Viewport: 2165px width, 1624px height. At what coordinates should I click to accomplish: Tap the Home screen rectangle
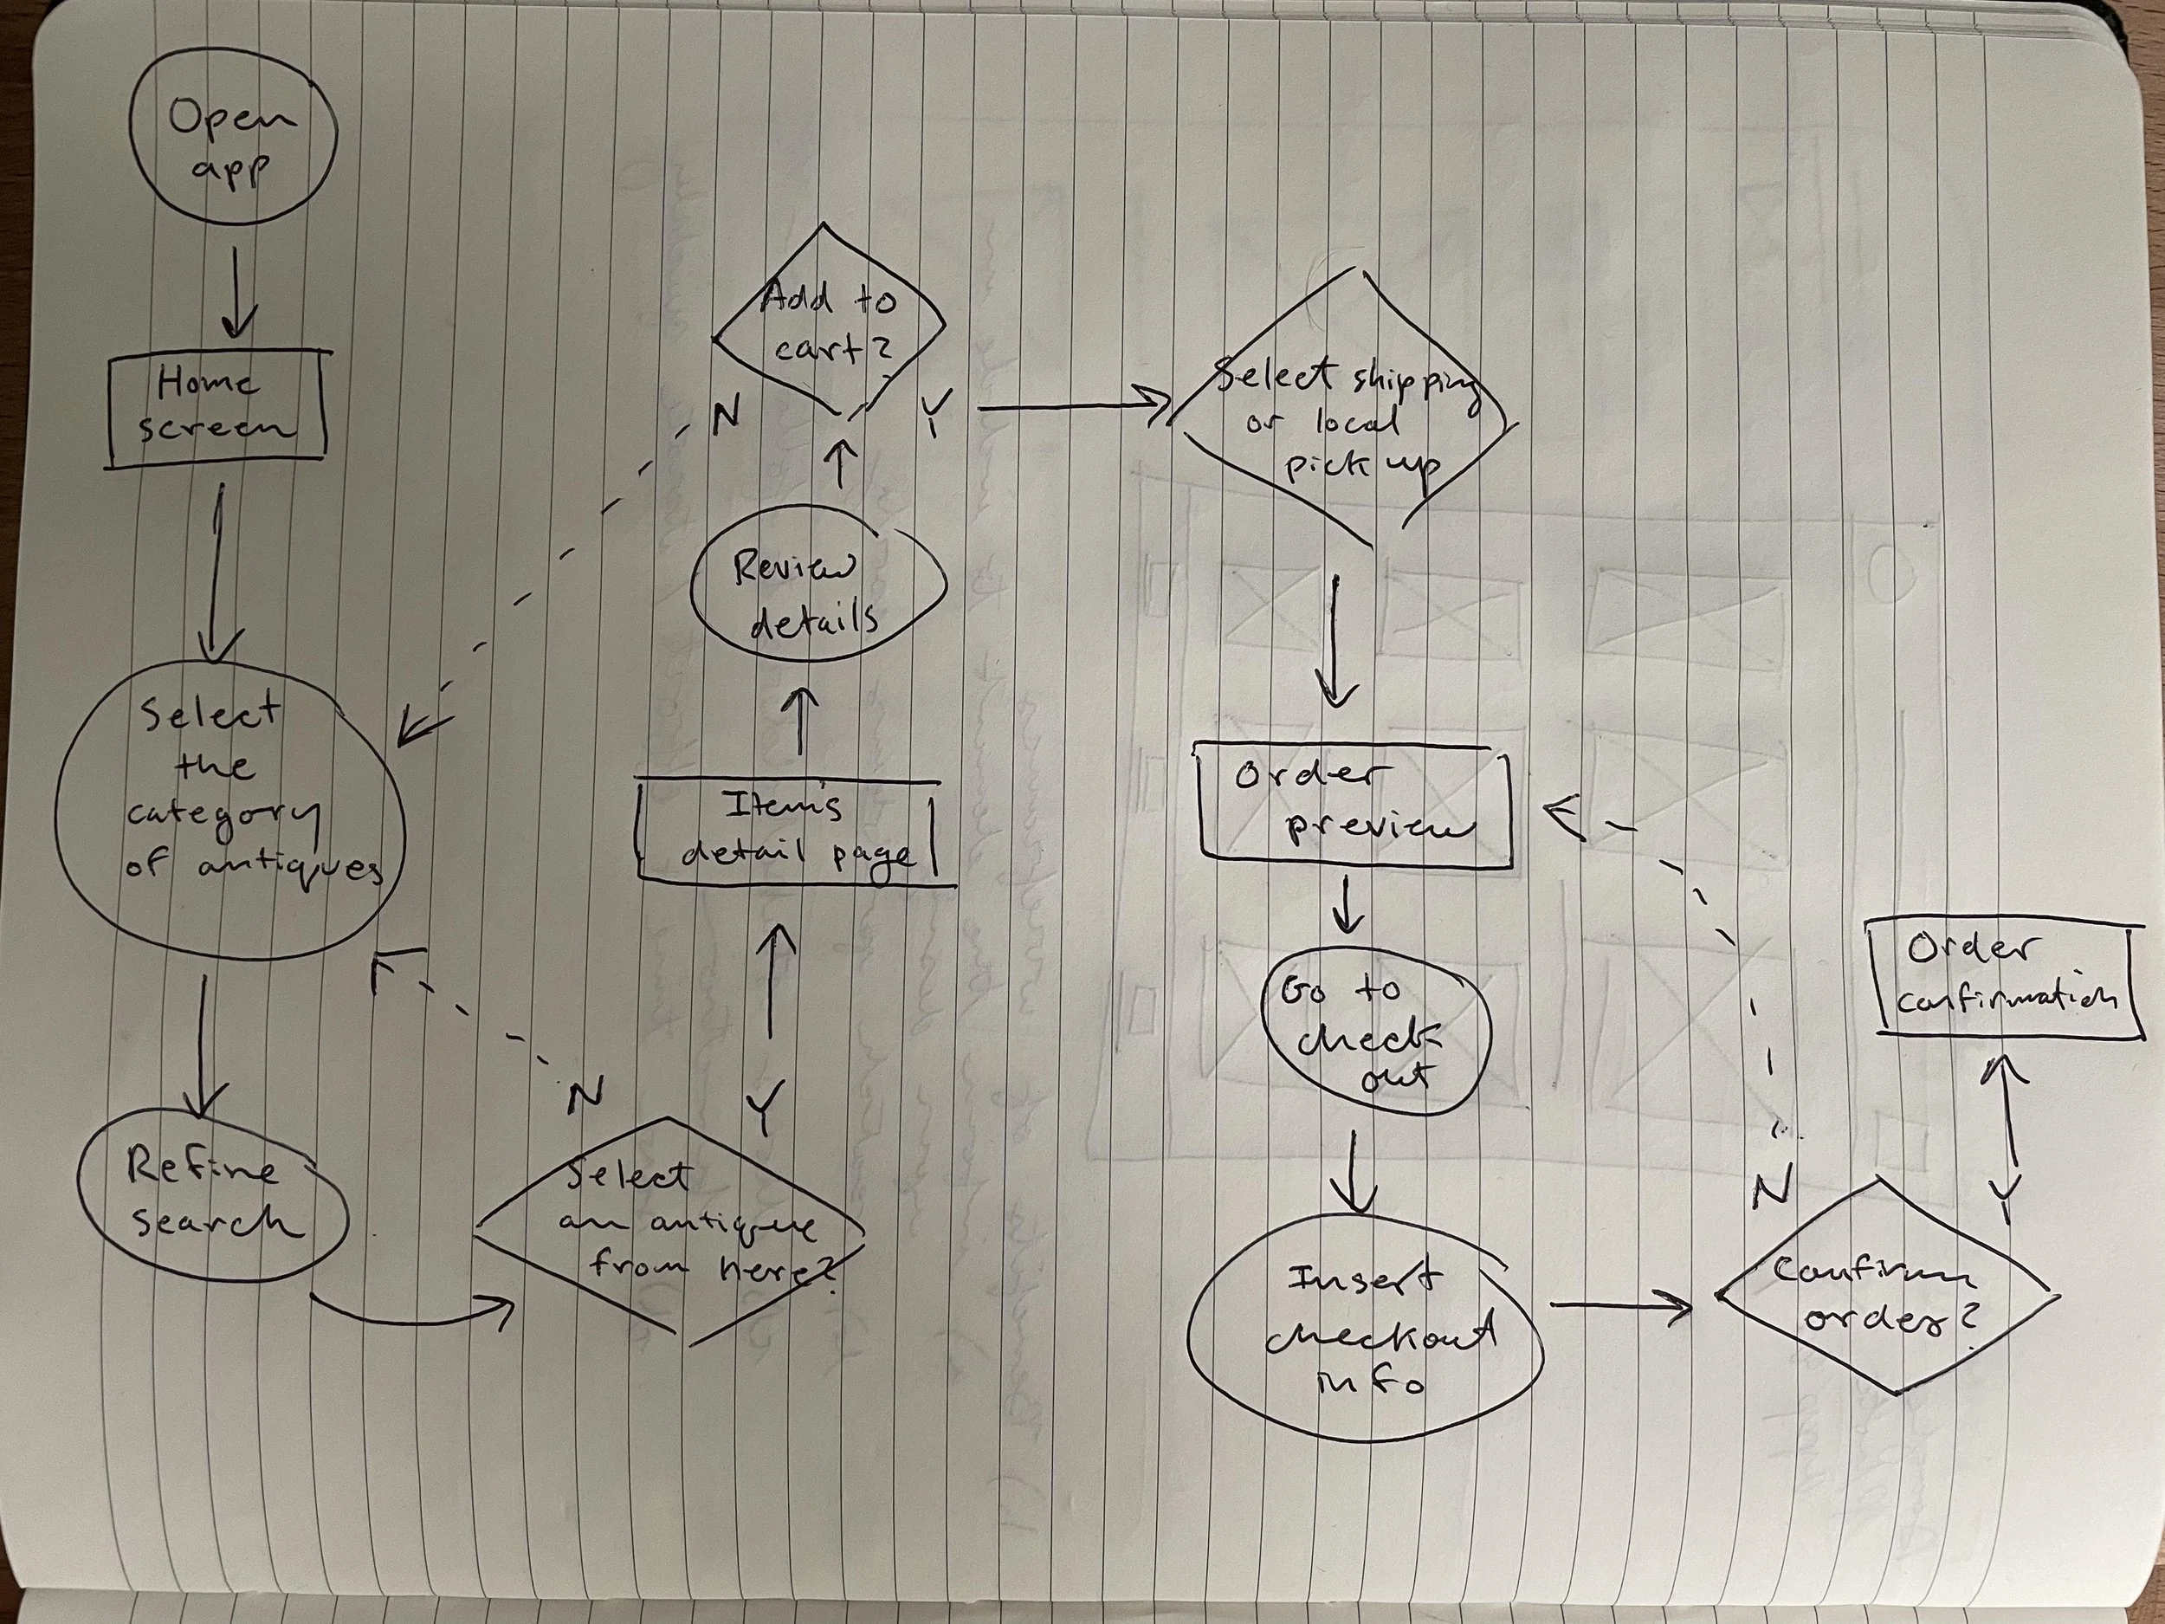pyautogui.click(x=216, y=406)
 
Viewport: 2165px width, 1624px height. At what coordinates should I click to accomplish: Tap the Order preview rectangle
pyautogui.click(x=1353, y=805)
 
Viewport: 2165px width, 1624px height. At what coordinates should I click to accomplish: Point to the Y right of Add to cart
pyautogui.click(x=934, y=413)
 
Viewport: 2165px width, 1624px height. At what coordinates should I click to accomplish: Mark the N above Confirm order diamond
pyautogui.click(x=1772, y=1187)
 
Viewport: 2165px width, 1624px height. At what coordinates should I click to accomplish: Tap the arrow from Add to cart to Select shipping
pyautogui.click(x=1072, y=405)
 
